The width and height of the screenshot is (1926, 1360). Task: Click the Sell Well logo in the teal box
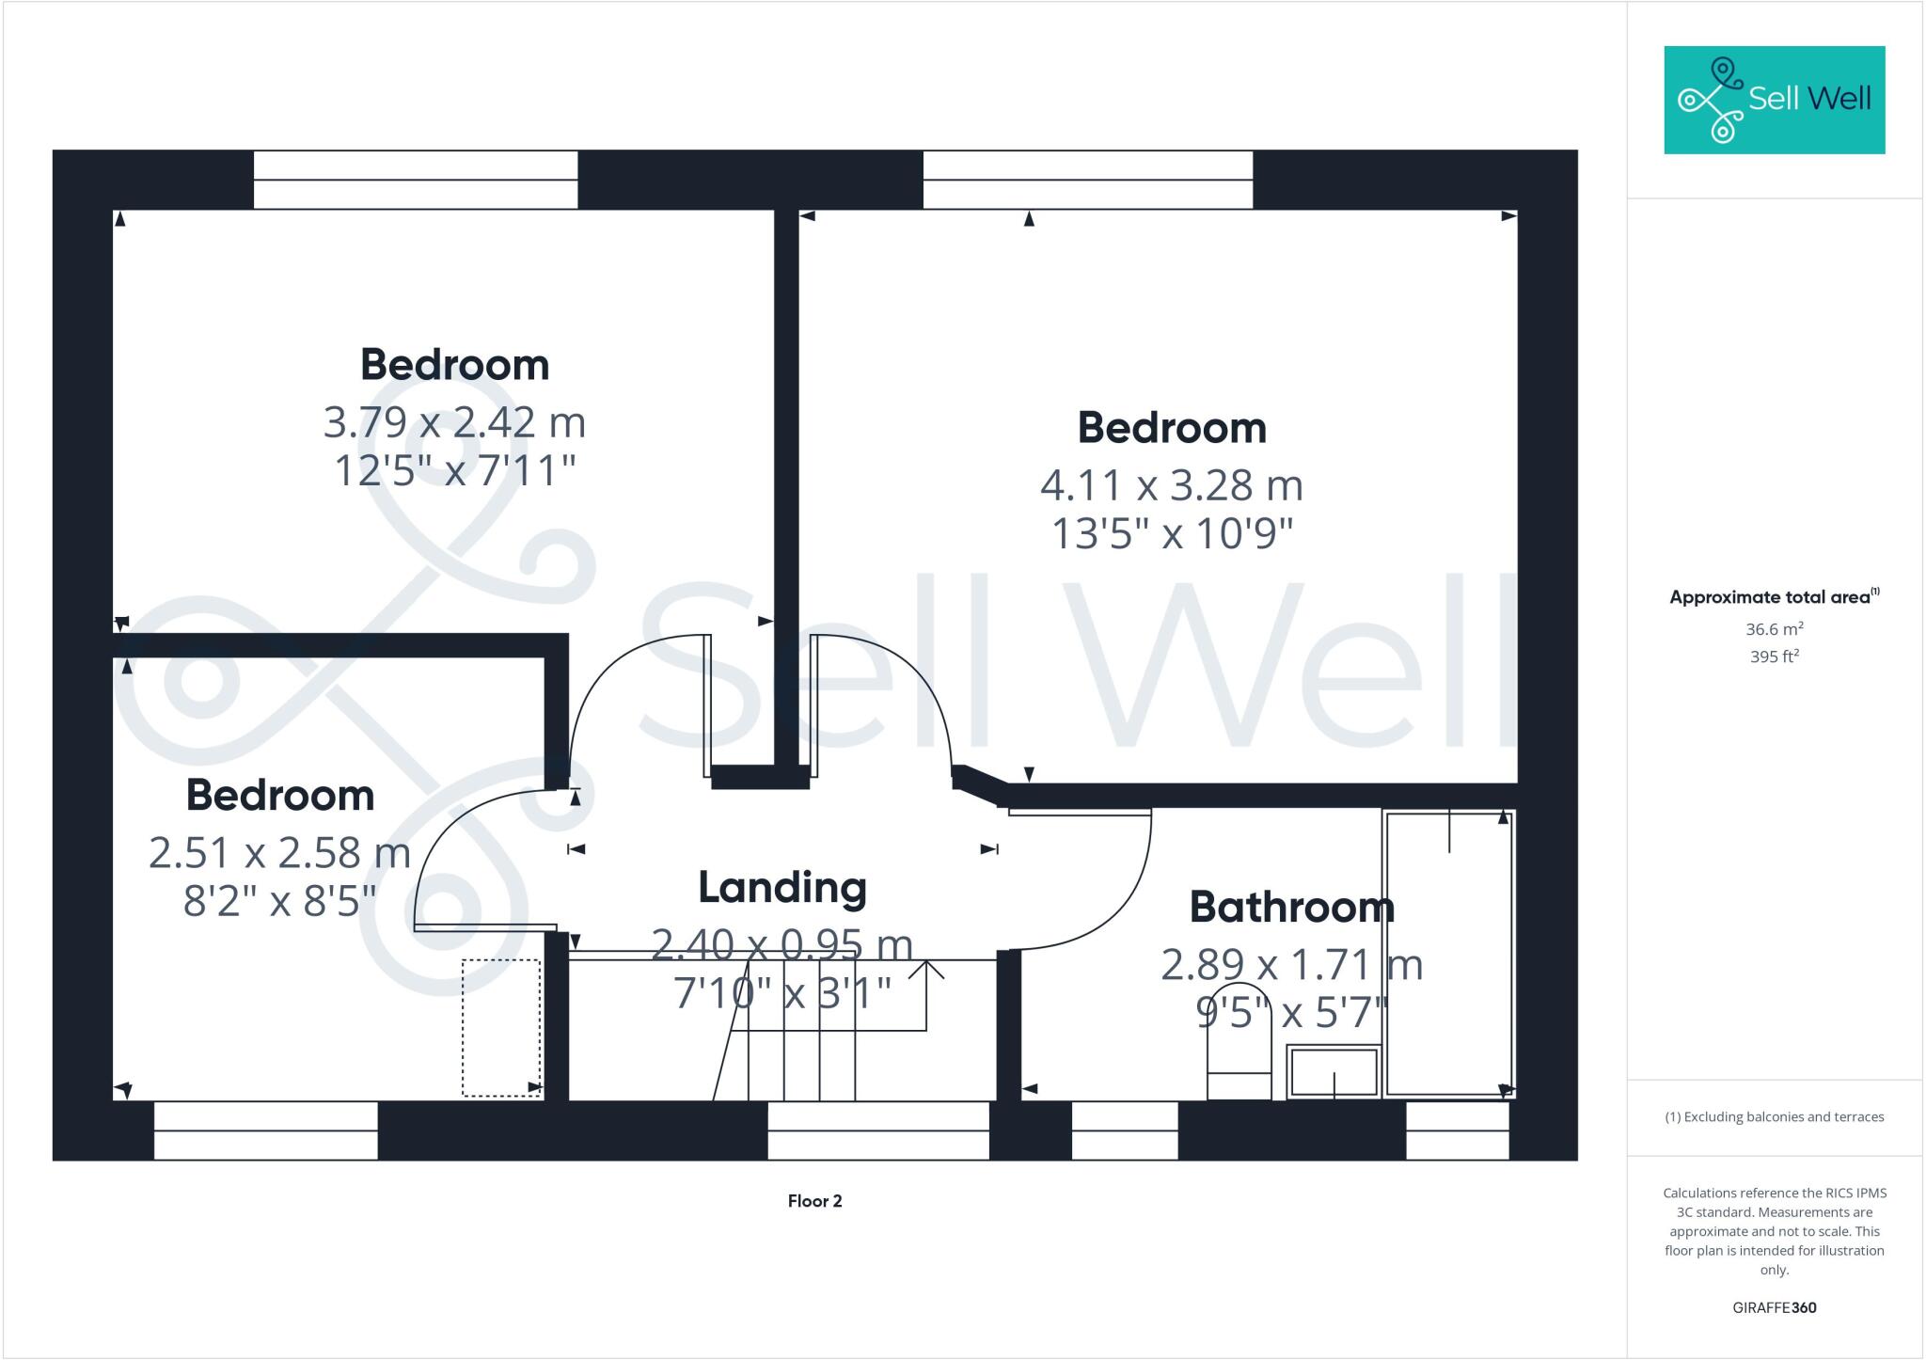coord(1774,100)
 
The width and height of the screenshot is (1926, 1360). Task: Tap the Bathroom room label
coord(1291,908)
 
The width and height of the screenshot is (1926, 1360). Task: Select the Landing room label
coord(782,888)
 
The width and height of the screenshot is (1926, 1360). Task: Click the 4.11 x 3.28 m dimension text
coord(1172,486)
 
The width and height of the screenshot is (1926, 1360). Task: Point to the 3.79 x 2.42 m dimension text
coord(454,423)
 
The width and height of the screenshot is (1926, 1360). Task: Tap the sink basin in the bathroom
coord(1334,1072)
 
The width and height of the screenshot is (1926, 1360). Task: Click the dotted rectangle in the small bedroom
coord(501,1028)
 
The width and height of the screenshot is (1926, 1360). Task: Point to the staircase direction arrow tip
coord(927,963)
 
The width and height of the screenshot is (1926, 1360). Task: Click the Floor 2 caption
coord(814,1201)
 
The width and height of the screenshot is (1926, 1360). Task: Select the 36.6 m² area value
coord(1774,629)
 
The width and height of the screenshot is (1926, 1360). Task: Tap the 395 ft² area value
coord(1774,656)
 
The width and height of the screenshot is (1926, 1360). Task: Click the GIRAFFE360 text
coord(1774,1307)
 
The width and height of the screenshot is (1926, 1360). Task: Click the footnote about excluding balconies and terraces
coord(1774,1117)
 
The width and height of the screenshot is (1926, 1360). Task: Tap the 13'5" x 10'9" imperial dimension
coord(1172,535)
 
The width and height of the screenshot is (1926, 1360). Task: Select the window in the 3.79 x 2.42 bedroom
coord(416,180)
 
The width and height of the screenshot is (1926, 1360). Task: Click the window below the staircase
coord(878,1131)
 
